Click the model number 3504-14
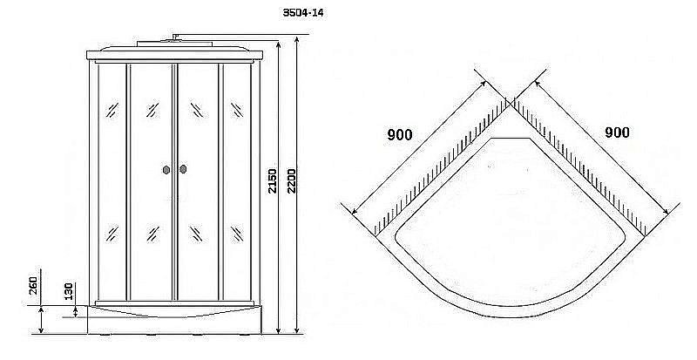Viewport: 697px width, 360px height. pos(303,12)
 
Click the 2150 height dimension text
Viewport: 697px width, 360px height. pos(273,180)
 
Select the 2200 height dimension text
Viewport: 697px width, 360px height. pos(291,180)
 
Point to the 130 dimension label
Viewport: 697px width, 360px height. pos(69,292)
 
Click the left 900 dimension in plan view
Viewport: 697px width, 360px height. pos(400,134)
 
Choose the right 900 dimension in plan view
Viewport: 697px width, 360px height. pos(617,132)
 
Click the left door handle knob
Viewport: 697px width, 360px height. pos(166,170)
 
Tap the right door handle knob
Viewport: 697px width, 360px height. pos(183,169)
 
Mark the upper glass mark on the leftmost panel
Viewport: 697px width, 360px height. pos(112,110)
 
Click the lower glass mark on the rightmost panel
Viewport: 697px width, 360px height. pos(237,234)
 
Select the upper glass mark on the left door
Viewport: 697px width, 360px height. pos(152,110)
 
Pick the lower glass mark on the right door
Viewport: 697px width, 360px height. pos(197,234)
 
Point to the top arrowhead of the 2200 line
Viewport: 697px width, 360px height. pos(297,40)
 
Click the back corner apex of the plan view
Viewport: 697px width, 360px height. pos(511,104)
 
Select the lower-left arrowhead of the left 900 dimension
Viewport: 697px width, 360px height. pos(355,211)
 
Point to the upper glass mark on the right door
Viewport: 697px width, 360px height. pos(197,110)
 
